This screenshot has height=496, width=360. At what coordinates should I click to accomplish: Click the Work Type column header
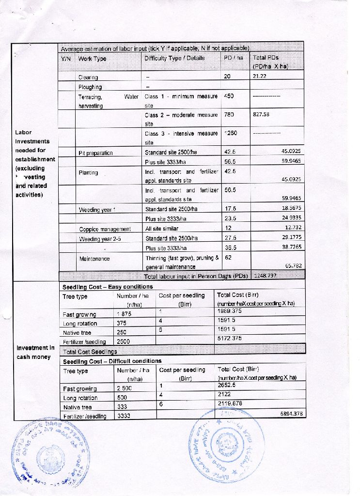92,59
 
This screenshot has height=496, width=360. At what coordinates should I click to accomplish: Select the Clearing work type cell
88,77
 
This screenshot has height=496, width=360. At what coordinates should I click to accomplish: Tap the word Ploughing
90,87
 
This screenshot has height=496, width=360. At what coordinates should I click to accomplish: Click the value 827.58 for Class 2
261,115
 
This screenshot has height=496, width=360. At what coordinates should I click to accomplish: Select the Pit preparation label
95,153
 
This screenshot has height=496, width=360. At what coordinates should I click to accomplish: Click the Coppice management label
105,229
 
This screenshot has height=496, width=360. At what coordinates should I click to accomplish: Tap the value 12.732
293,228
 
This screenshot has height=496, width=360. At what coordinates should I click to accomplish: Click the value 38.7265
292,247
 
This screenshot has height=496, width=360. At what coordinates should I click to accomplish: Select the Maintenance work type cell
94,259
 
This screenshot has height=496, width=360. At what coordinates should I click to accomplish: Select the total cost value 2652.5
227,385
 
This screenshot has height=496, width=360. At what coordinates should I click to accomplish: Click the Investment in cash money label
35,352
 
